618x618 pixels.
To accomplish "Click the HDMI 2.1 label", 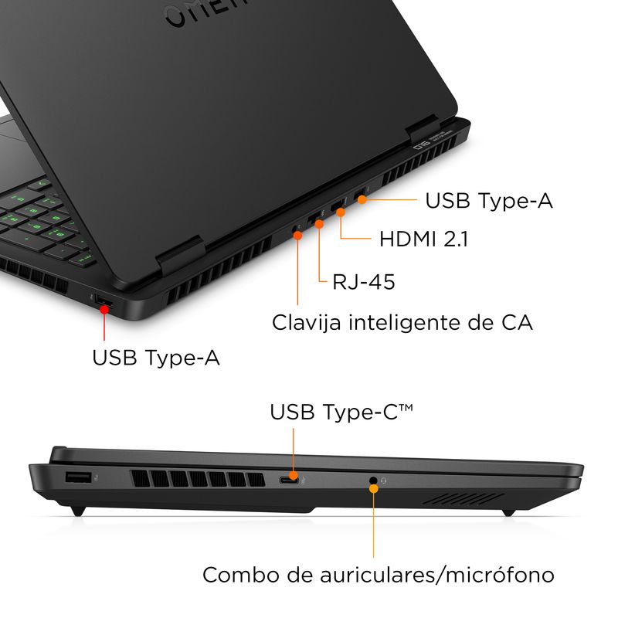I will [423, 239].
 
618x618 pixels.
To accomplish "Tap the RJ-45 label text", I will [363, 282].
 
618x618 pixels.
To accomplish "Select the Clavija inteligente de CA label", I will [402, 322].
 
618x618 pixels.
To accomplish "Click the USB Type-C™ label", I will [341, 412].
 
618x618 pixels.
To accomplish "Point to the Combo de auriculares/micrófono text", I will [379, 575].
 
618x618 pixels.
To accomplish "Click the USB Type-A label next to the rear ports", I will [489, 201].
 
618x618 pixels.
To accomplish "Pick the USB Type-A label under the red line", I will [156, 358].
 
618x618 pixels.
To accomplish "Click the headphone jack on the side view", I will [374, 481].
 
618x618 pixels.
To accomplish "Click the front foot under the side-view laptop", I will [508, 511].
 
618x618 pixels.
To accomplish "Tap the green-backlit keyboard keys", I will [46, 216].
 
